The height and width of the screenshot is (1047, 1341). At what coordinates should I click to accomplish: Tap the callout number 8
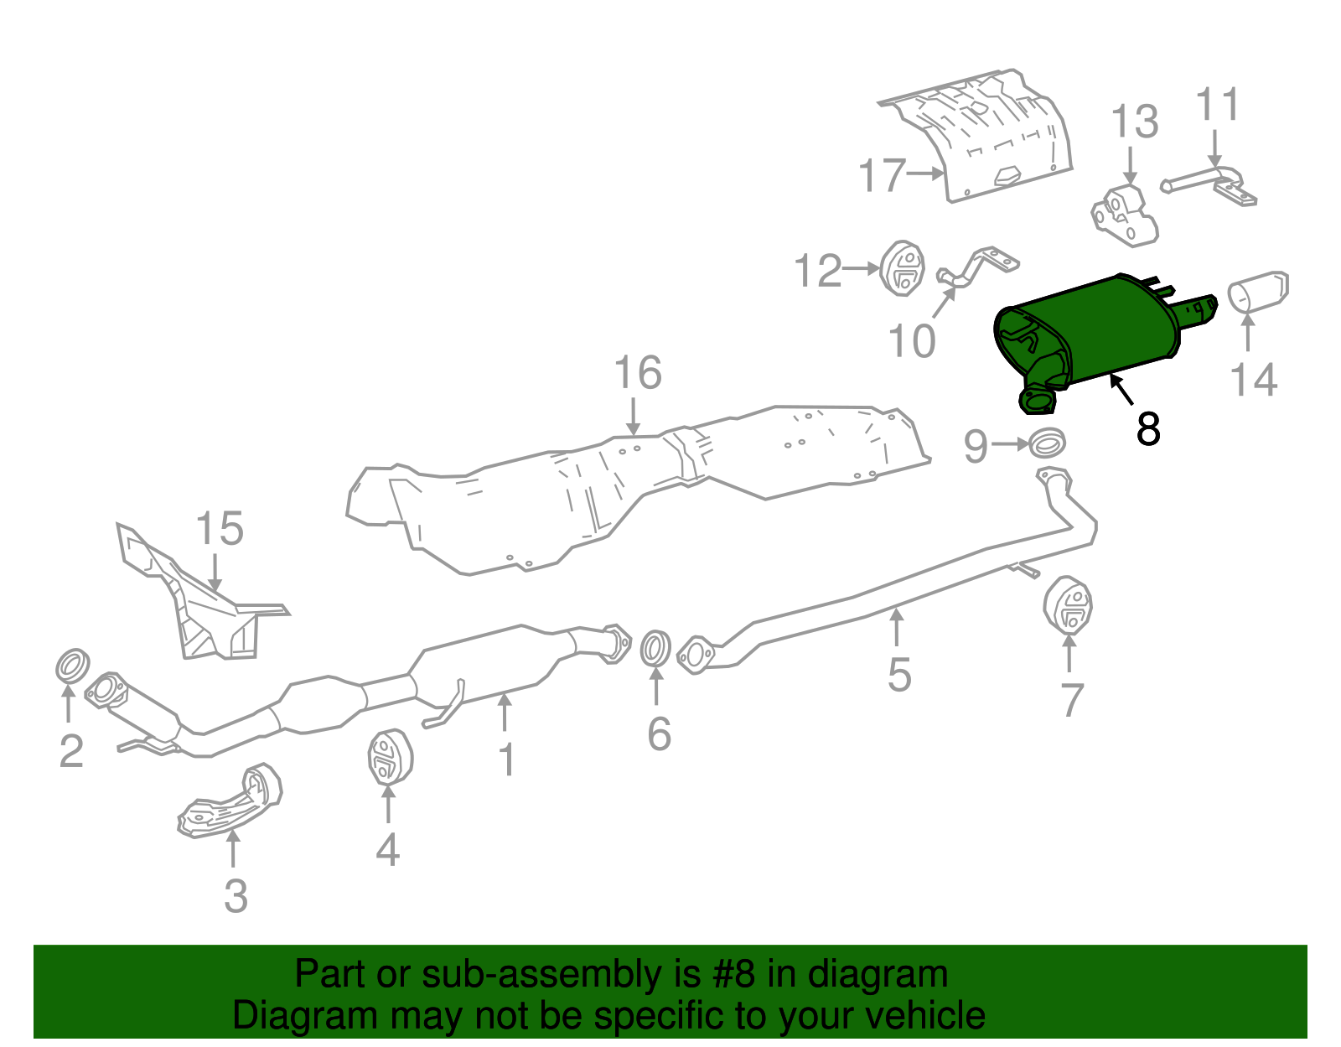point(1147,428)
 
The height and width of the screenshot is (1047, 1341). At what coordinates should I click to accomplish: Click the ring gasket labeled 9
point(1047,443)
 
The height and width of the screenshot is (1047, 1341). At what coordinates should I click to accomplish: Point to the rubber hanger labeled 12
point(902,268)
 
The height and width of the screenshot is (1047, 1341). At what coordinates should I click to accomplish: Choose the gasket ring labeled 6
point(655,649)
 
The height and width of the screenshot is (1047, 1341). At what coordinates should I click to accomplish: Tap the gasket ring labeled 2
point(72,665)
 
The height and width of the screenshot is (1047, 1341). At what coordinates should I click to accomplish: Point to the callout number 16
point(637,374)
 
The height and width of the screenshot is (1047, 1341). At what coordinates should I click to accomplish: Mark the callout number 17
point(883,176)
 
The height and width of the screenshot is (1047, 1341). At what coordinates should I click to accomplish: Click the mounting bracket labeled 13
point(1125,215)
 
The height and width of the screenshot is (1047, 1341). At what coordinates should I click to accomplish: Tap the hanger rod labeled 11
point(1207,180)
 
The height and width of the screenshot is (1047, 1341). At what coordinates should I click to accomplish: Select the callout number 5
point(898,676)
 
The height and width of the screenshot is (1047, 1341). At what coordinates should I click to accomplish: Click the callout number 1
point(506,759)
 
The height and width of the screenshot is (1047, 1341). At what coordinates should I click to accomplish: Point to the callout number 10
point(912,341)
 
